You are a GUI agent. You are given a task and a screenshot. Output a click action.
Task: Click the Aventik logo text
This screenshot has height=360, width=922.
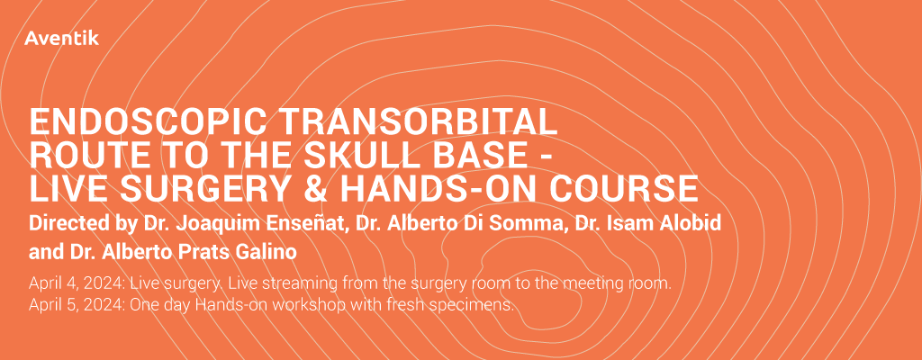click(62, 39)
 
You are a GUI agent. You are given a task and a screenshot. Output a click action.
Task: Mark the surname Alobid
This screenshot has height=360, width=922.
click(689, 224)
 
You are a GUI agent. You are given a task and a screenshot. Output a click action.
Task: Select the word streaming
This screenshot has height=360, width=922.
click(293, 284)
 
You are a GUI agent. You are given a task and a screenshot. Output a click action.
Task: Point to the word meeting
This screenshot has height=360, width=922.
click(592, 284)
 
